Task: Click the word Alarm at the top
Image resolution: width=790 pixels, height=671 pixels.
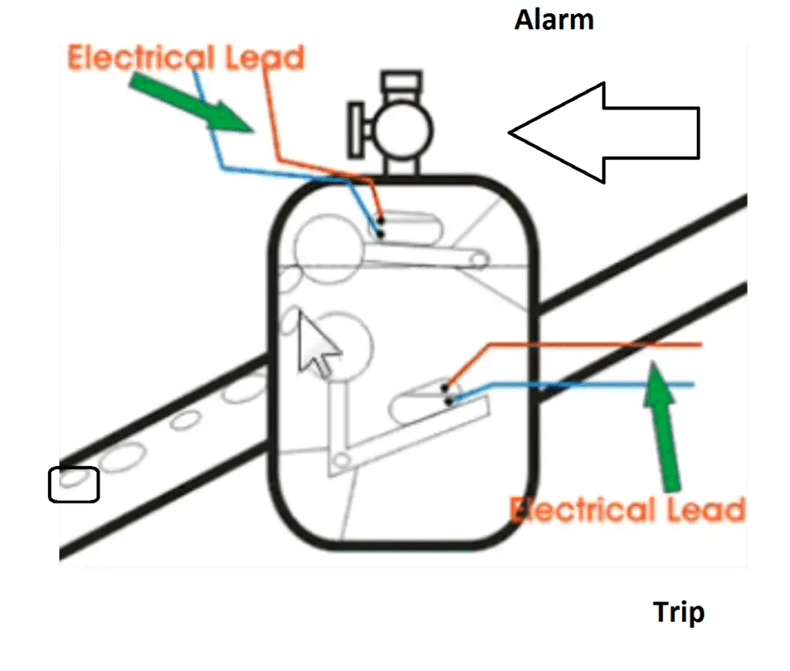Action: pos(554,20)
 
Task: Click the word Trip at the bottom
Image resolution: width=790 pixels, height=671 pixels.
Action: pos(679,613)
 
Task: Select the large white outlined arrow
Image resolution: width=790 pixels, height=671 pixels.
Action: pos(609,133)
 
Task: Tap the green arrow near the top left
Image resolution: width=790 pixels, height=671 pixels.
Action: pos(193,100)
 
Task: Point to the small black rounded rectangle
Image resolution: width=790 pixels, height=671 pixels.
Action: pos(74,484)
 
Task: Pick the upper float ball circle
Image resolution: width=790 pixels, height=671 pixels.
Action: pos(324,245)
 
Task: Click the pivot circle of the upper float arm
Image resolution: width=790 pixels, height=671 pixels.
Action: pos(479,261)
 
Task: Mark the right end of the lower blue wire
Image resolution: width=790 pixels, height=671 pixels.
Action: pos(692,384)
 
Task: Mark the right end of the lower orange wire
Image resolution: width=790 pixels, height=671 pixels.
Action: pos(699,344)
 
